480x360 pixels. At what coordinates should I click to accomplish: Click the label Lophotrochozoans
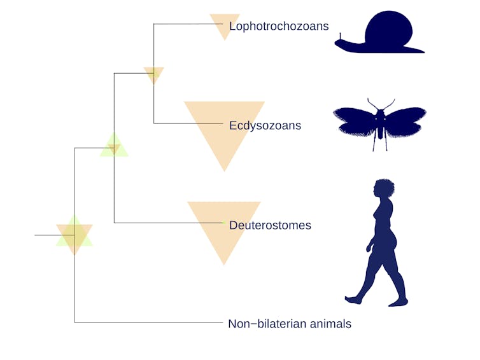[x=279, y=26]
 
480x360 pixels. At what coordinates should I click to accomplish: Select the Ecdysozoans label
[x=265, y=126]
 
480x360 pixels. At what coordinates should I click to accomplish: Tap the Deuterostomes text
[x=270, y=225]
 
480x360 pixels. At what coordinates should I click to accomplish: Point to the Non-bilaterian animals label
[x=290, y=324]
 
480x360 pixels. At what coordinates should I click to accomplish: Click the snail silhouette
[x=379, y=32]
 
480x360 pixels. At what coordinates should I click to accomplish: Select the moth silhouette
[x=379, y=124]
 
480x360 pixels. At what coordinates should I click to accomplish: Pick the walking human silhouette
[x=376, y=242]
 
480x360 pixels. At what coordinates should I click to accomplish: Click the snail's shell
[x=389, y=29]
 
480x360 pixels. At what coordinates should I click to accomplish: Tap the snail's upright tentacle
[x=340, y=36]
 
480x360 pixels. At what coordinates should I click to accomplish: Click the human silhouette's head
[x=384, y=188]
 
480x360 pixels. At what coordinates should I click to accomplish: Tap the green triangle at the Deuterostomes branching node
[x=114, y=144]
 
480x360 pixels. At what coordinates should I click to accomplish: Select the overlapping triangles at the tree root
[x=74, y=235]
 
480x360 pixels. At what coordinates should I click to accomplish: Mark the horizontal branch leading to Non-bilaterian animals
[x=148, y=322]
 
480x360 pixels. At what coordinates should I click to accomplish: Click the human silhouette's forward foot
[x=353, y=300]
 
